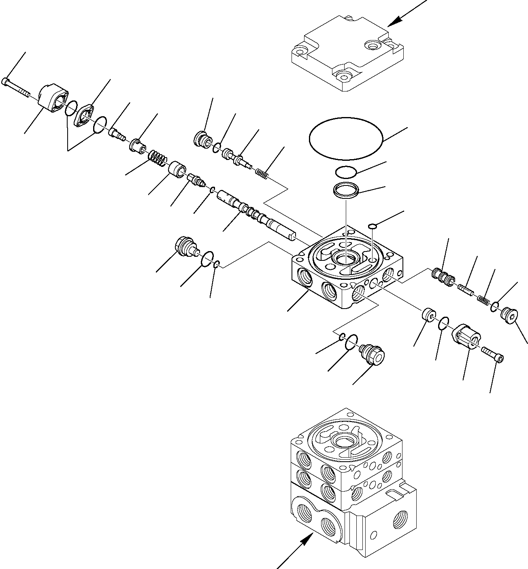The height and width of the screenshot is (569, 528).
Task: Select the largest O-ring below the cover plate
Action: click(346, 140)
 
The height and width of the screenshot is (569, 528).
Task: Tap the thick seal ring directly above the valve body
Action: click(346, 190)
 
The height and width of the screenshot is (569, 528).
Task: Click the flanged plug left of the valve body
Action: click(185, 247)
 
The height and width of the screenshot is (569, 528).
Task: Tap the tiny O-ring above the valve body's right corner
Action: click(373, 226)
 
